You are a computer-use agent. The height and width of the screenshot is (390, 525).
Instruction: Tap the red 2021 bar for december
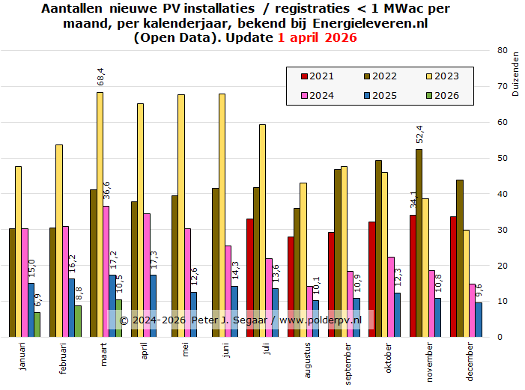pos(453,276)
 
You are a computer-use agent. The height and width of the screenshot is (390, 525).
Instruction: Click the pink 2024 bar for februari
pos(66,281)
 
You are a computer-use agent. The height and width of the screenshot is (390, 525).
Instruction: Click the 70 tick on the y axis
pos(501,87)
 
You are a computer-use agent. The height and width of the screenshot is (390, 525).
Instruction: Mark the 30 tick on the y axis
pos(501,230)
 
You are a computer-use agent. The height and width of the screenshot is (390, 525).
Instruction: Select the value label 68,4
pos(100,78)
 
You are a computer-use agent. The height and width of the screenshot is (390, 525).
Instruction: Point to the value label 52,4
pos(419,135)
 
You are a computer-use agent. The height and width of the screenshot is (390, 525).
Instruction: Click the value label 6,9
pos(37,301)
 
